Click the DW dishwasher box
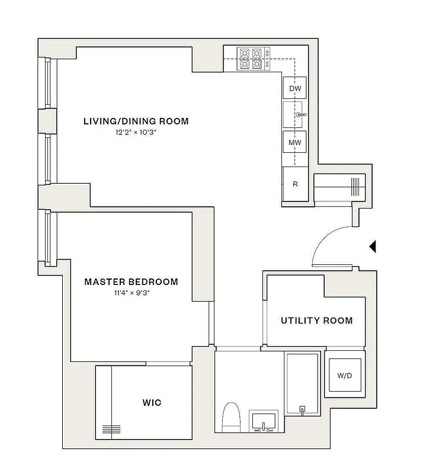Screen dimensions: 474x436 coord(295,89)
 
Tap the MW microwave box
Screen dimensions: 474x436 coord(295,142)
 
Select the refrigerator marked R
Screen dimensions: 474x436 coord(295,184)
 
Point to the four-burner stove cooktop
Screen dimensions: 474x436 coord(250,59)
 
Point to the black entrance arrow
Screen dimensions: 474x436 coord(373,246)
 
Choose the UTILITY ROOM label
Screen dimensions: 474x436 coord(316,321)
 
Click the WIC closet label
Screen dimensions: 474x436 coord(152,403)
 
